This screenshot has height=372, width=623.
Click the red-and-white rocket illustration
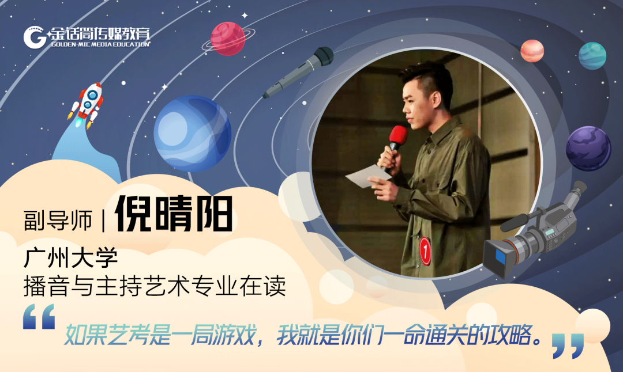click(x=87, y=104)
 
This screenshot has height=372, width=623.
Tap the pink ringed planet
click(x=228, y=39)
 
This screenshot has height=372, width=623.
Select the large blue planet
click(x=192, y=133)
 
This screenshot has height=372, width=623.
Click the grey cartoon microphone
click(x=298, y=72)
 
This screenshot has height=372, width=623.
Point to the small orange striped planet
click(x=532, y=51)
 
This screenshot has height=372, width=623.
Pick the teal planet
click(x=592, y=56)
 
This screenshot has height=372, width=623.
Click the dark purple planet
click(x=588, y=149)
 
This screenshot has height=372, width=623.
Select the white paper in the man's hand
click(x=368, y=176)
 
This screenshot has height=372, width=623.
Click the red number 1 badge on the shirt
click(x=425, y=250)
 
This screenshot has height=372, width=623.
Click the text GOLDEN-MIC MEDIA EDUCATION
click(x=100, y=44)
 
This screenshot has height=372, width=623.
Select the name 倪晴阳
click(x=174, y=214)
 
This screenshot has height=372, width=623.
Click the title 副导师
click(x=58, y=220)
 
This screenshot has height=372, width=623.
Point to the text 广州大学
click(x=71, y=258)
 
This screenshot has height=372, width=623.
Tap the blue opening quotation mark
click(x=39, y=317)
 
